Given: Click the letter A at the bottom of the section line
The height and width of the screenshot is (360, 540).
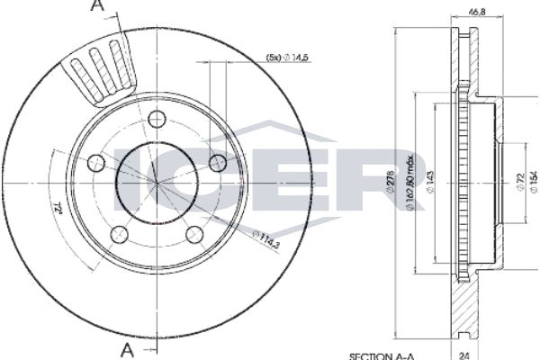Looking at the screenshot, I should (129, 348).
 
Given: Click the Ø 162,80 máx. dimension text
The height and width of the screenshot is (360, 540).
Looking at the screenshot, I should (410, 184).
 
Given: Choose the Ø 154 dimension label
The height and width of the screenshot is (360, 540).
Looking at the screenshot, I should (532, 184).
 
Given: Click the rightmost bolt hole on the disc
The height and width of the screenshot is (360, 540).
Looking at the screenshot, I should (217, 162).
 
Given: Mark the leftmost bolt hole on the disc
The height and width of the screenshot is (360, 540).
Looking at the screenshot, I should (96, 163).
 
